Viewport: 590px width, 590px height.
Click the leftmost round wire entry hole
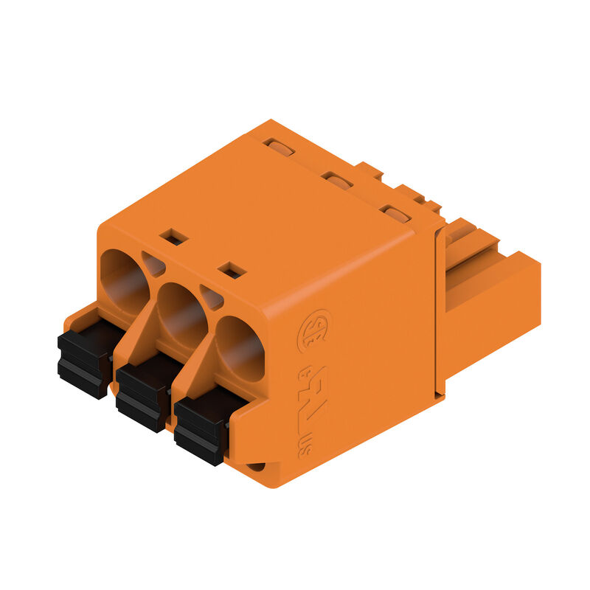tap(124, 281)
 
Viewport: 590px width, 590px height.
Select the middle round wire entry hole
tap(181, 314)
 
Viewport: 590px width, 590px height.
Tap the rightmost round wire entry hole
tap(240, 347)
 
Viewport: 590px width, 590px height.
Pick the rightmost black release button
tap(201, 426)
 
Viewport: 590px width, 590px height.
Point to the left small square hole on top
tap(174, 236)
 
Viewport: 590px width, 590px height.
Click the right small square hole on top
tap(232, 270)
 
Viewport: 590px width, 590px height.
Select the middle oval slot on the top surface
tap(338, 181)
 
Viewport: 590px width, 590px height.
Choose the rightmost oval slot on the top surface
tap(396, 215)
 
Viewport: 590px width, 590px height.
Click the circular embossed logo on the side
tap(313, 330)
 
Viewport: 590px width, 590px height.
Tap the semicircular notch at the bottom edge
tap(255, 467)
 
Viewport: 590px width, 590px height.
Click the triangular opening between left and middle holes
tap(153, 264)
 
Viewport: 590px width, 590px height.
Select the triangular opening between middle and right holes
tap(212, 297)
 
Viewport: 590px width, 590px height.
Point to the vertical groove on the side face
tap(440, 310)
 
